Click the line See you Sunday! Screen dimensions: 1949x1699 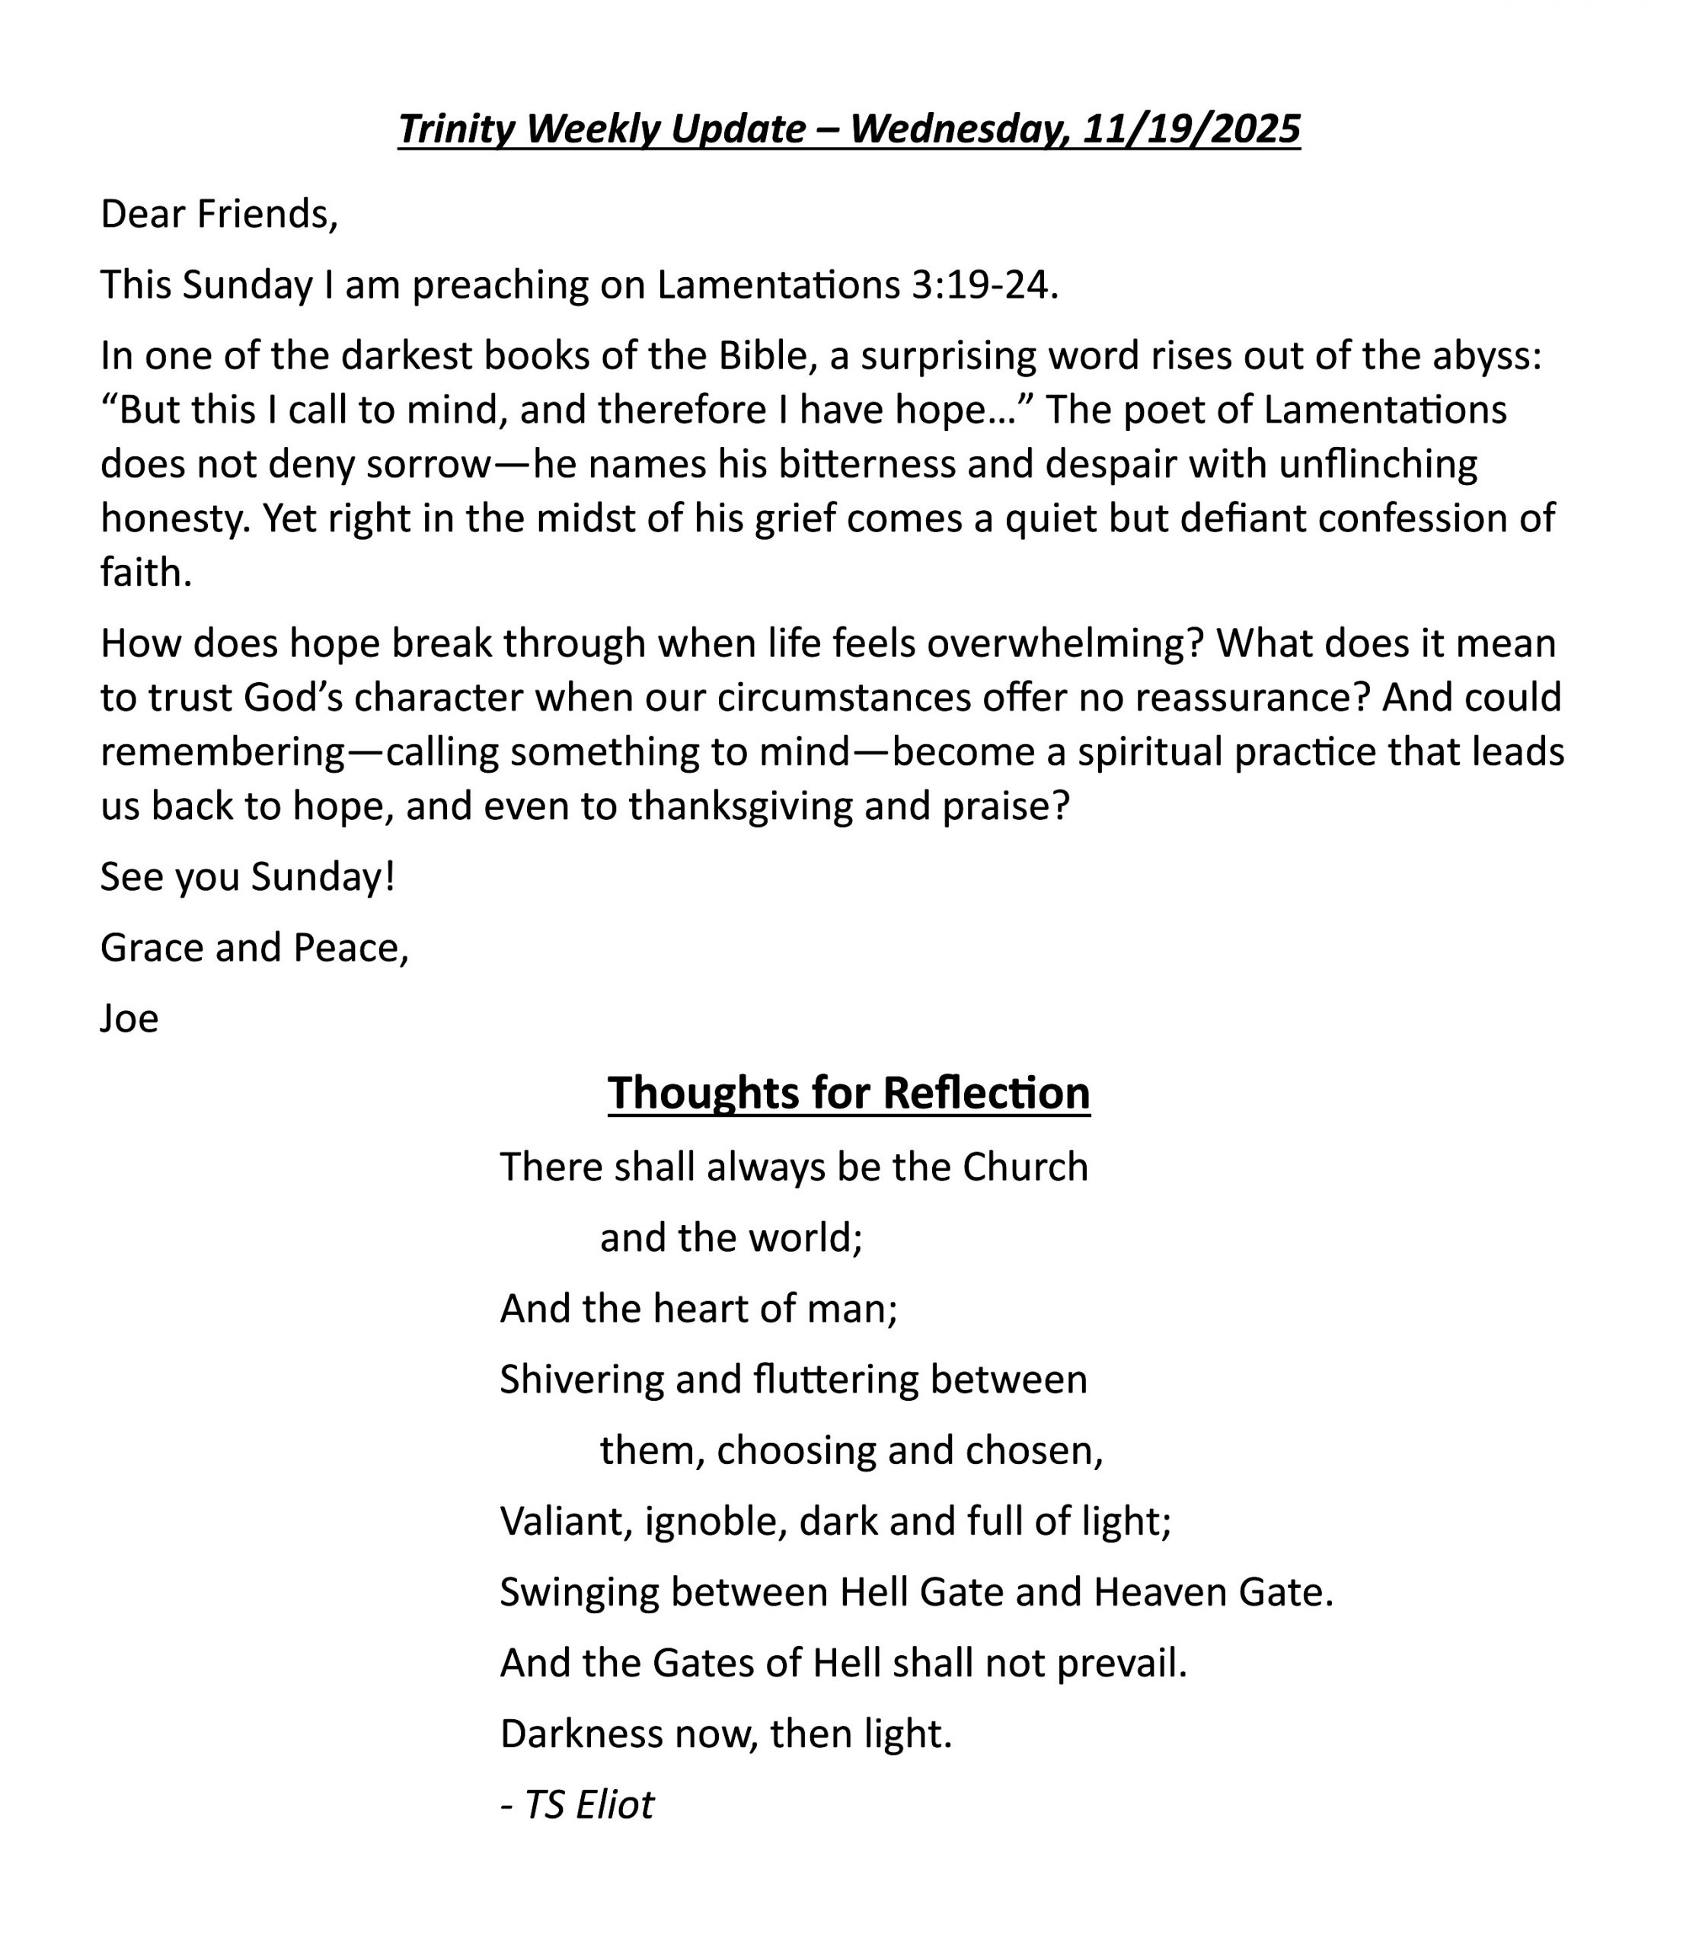(248, 877)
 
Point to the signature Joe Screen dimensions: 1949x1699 (129, 1019)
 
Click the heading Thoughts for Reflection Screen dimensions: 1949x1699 (848, 1093)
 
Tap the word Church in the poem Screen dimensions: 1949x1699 (1025, 1167)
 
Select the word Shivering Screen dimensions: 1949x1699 (581, 1380)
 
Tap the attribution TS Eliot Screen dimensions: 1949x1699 (588, 1805)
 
